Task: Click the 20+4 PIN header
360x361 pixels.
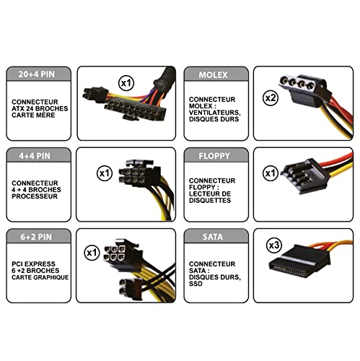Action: (x=37, y=74)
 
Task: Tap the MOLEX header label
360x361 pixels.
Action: (x=213, y=75)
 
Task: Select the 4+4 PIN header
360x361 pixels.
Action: (x=35, y=156)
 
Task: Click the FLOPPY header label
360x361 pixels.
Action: (x=214, y=156)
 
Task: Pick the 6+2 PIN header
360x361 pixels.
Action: (x=36, y=237)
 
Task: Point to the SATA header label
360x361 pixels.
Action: (x=213, y=237)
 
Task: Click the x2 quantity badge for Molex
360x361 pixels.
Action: (x=271, y=98)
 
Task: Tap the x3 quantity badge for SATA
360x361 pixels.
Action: (x=274, y=245)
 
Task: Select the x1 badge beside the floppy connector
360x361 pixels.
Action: (x=271, y=173)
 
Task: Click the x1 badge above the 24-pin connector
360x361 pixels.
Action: (x=126, y=83)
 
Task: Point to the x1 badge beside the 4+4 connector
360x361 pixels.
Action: (x=105, y=173)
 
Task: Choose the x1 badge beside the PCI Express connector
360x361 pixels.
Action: (x=92, y=253)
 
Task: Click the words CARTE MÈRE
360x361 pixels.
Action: (x=33, y=116)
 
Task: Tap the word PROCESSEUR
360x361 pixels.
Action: (x=35, y=196)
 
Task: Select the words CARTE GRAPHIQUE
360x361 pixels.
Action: (x=40, y=277)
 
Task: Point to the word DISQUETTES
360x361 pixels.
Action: (x=210, y=201)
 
